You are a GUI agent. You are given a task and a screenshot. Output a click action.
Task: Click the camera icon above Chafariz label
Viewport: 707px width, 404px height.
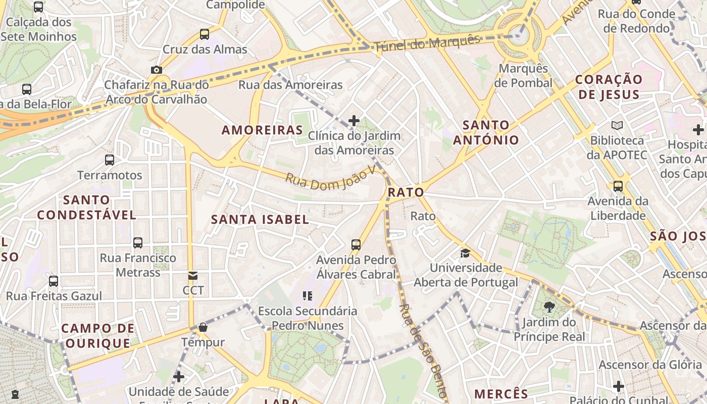[x=157, y=70]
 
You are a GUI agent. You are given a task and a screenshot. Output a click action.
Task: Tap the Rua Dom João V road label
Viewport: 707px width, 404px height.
[x=331, y=176]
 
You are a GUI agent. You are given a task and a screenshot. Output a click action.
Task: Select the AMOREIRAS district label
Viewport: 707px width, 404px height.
[x=262, y=130]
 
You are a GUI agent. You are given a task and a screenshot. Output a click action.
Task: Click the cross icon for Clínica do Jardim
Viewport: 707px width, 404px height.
[x=354, y=121]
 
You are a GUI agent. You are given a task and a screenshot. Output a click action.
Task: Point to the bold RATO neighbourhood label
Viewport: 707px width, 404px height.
[x=406, y=192]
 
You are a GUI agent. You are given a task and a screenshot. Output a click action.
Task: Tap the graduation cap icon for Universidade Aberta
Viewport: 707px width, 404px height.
[x=465, y=253]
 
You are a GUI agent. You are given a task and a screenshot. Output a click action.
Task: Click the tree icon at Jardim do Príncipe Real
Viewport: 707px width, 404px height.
[x=549, y=307]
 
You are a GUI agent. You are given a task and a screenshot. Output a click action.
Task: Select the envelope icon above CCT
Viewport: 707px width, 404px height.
[x=193, y=276]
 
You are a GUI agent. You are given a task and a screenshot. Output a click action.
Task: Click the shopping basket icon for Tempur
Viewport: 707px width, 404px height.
[x=203, y=327]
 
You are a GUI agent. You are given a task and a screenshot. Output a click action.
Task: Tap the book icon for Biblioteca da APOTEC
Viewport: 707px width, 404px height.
[x=617, y=125]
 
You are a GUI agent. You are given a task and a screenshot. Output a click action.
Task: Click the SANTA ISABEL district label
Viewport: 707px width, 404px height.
[x=260, y=219]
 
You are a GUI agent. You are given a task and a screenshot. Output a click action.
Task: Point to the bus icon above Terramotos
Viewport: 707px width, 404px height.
[x=110, y=160]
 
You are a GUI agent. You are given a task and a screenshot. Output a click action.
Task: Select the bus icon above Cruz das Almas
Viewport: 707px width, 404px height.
[x=205, y=34]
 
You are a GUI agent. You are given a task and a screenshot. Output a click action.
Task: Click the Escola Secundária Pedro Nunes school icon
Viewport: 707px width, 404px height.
[x=308, y=295]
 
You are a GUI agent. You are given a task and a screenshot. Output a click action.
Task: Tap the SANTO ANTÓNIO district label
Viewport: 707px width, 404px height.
[x=486, y=132]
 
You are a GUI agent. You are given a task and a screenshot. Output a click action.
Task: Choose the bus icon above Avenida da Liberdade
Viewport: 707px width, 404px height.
[x=618, y=186]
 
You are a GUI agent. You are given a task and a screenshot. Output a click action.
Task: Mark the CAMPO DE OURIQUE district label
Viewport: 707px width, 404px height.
[x=98, y=336]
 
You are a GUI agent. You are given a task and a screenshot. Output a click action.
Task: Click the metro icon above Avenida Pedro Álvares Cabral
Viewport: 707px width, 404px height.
[x=356, y=245]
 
